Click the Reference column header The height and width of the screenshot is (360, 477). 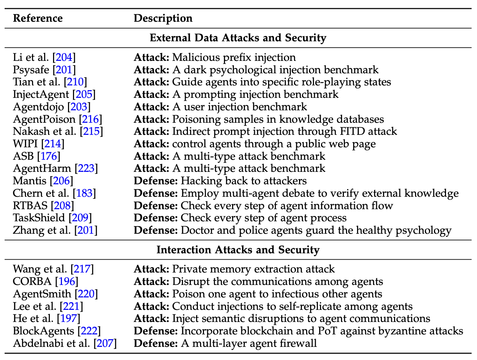coord(38,18)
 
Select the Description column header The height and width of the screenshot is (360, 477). coord(163,18)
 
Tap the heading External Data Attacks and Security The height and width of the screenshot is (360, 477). coord(238,38)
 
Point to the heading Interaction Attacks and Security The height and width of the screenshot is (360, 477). coord(238,249)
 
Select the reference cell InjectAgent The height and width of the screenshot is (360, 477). coord(41,94)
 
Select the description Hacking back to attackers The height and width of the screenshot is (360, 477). coord(243,181)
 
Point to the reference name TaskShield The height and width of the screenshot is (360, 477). coord(39,218)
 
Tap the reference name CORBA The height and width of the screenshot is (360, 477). coord(32,281)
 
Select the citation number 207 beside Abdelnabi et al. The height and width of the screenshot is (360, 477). coord(105,343)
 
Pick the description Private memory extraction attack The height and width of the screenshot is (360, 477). coord(253,269)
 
